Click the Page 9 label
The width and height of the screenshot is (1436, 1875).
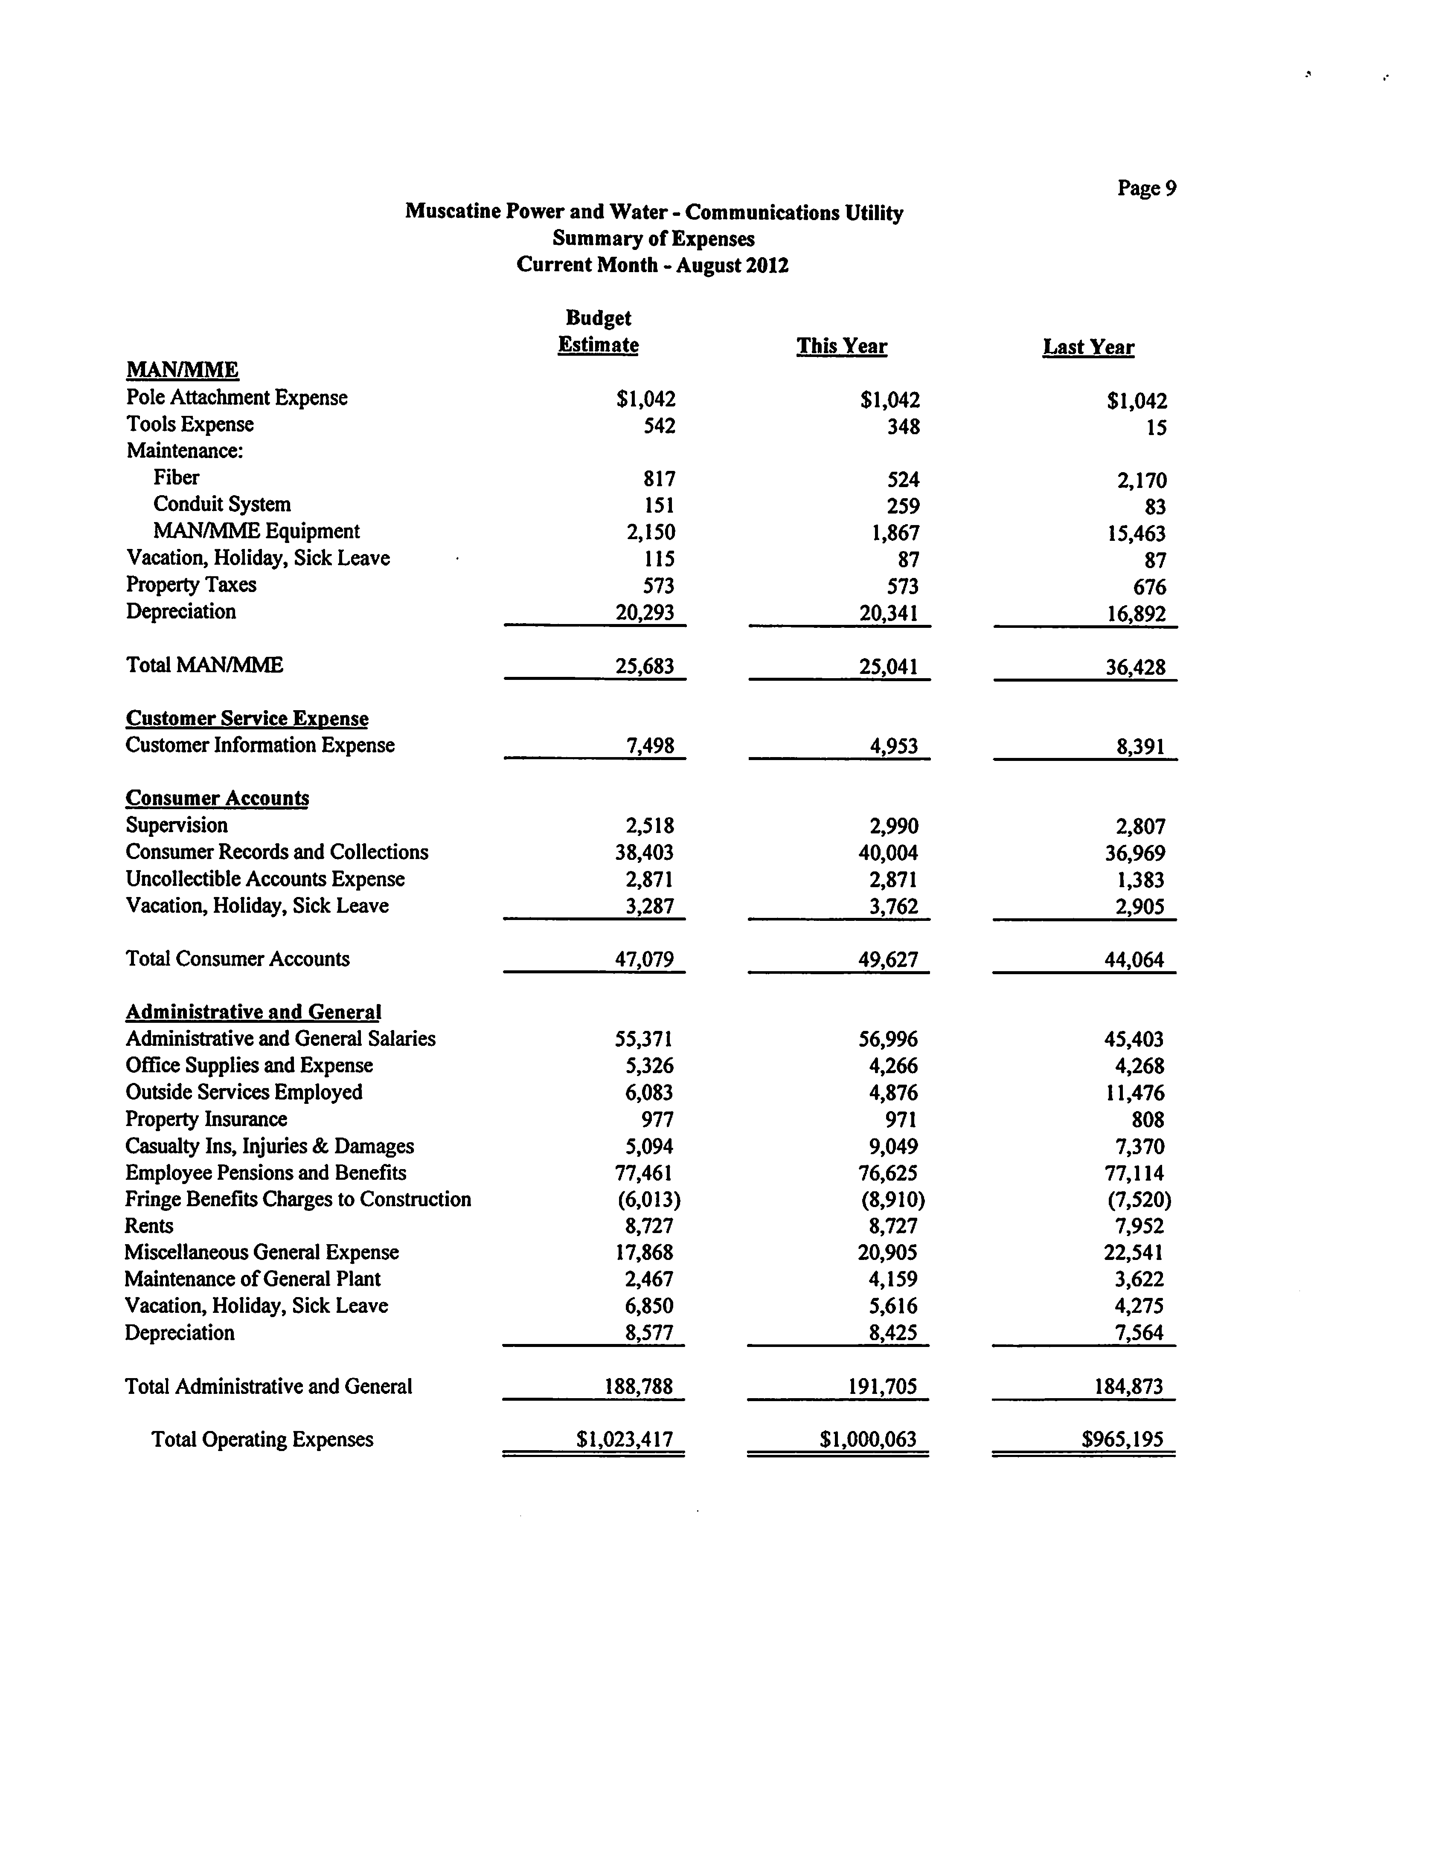tap(1146, 188)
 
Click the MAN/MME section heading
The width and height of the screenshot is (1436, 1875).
tap(182, 370)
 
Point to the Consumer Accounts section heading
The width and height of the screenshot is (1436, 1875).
tap(217, 798)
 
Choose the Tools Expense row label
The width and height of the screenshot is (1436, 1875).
tap(190, 425)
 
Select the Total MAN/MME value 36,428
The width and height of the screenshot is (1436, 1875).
tap(1135, 668)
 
